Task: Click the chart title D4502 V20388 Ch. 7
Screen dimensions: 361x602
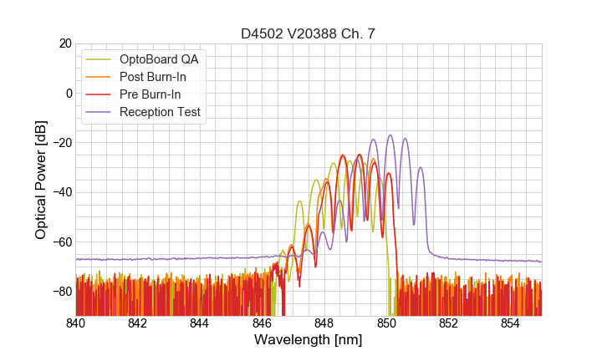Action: tap(309, 33)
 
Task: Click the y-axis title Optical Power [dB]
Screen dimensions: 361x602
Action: tap(41, 179)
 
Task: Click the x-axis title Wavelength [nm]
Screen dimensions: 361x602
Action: tap(309, 339)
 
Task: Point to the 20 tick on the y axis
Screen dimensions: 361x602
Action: tap(63, 43)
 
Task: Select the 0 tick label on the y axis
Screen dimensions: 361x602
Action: tap(66, 93)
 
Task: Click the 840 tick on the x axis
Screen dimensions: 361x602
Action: tap(76, 323)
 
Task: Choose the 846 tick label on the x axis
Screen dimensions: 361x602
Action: tap(262, 323)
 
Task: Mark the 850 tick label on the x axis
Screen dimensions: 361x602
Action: tap(386, 323)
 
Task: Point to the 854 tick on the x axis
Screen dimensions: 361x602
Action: tap(510, 323)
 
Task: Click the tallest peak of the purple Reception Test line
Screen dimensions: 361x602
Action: tap(390, 135)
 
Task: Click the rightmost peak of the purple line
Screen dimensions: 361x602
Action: tap(421, 168)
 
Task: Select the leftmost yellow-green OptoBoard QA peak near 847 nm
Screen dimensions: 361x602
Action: tap(299, 201)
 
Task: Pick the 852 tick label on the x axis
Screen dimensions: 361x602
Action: tap(448, 323)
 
